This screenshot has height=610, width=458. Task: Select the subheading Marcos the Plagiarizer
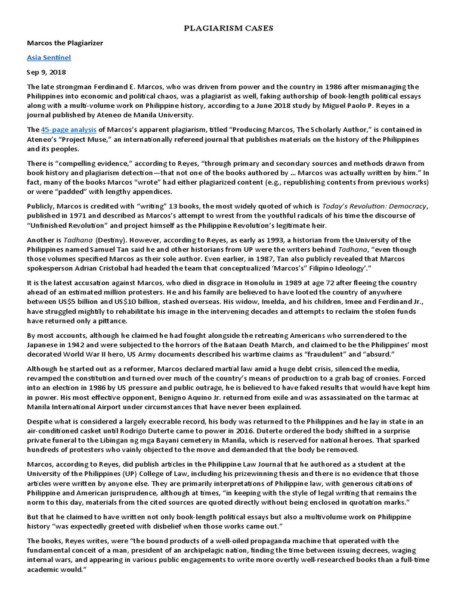point(64,43)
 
